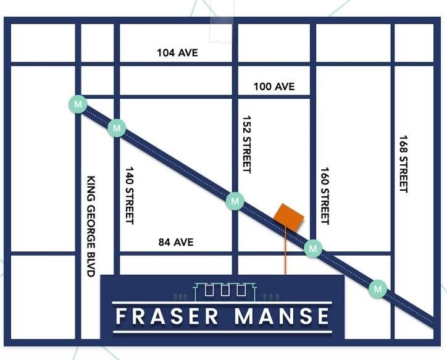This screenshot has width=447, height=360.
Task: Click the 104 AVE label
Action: [x=178, y=53]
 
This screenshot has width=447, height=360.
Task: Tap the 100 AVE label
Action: [x=274, y=86]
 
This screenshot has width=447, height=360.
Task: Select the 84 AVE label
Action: [x=175, y=242]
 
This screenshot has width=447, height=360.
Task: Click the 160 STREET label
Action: [x=325, y=196]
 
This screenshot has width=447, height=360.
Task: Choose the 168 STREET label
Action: [x=404, y=164]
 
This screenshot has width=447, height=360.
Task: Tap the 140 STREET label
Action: [x=130, y=195]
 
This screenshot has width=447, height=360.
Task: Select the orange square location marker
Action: [x=289, y=216]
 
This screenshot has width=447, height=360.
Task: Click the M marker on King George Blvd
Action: [x=78, y=104]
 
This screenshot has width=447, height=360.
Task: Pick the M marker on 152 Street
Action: [x=235, y=201]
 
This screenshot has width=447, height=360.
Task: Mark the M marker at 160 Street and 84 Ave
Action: [x=314, y=248]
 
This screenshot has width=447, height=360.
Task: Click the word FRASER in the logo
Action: [x=167, y=316]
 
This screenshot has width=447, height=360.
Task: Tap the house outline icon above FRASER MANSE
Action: [x=225, y=289]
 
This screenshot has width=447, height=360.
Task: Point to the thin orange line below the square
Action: [x=285, y=250]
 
